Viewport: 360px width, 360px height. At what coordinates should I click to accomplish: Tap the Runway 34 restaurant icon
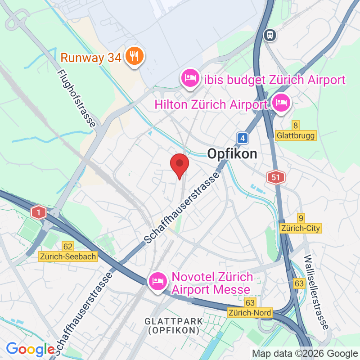(x=134, y=57)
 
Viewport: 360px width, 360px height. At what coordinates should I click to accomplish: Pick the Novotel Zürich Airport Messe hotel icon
(x=157, y=281)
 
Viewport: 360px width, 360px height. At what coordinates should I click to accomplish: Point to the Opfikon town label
(x=232, y=154)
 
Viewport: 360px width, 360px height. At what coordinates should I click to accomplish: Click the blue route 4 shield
(x=243, y=138)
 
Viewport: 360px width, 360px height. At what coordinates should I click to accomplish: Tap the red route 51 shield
(x=275, y=177)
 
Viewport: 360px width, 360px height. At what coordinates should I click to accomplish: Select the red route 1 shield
(x=39, y=211)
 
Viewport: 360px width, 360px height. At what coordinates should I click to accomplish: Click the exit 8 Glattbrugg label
(x=296, y=131)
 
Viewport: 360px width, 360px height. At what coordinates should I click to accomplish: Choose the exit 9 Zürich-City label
(x=300, y=224)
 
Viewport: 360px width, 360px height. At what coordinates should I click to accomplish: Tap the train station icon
(x=270, y=34)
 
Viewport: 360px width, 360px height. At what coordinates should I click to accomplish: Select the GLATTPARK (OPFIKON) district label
(x=174, y=326)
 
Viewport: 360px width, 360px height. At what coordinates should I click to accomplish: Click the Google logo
(x=30, y=349)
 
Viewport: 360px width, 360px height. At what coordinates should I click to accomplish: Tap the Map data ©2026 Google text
(x=304, y=354)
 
